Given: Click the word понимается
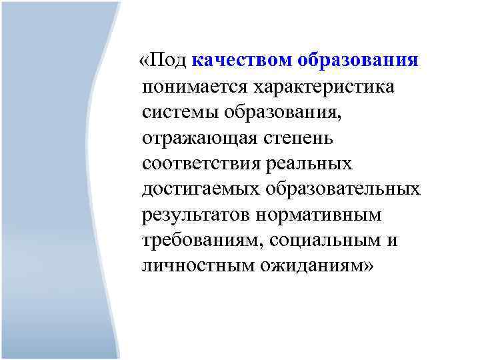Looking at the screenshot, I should pos(193,87).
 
